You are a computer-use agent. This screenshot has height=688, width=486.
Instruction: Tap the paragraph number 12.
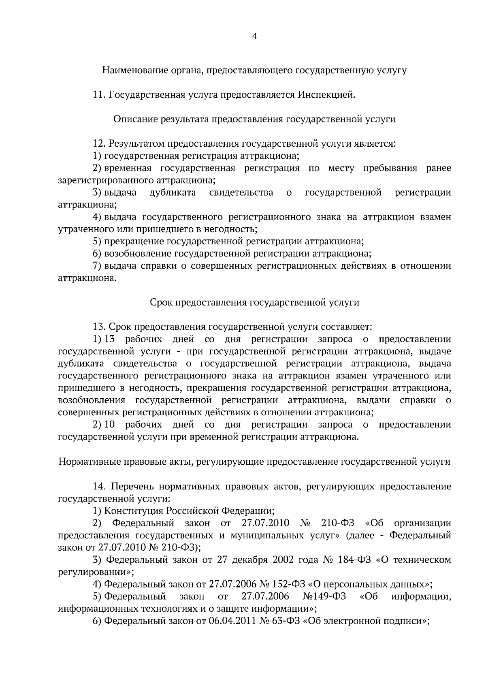[99, 143]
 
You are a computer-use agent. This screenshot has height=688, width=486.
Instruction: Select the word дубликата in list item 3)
[173, 192]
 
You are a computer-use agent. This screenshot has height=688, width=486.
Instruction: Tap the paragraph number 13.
[99, 327]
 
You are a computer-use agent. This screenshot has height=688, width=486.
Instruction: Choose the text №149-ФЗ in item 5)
[324, 596]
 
